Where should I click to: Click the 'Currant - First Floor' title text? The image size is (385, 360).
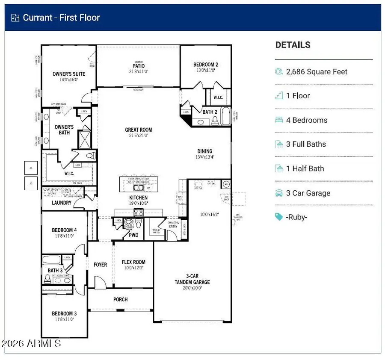[61, 18]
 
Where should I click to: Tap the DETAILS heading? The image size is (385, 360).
[293, 45]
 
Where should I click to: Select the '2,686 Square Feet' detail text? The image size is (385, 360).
[317, 72]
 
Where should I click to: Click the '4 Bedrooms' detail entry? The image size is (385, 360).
[306, 120]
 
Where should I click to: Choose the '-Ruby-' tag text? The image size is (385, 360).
[296, 217]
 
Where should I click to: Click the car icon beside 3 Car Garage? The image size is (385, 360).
[279, 193]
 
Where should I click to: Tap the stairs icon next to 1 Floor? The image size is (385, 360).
[279, 96]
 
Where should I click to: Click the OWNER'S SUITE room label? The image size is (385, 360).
[69, 74]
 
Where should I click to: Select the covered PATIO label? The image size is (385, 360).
[138, 66]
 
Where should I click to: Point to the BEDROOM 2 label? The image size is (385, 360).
[206, 65]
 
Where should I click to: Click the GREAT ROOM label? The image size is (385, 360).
[138, 130]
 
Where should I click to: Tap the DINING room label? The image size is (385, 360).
[204, 151]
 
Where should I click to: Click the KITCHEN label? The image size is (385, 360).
[138, 198]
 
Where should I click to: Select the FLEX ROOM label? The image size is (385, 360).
[133, 262]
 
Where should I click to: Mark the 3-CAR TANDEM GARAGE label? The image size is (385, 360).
[192, 279]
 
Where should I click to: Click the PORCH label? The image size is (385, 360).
[120, 299]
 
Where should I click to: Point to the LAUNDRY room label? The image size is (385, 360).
[62, 203]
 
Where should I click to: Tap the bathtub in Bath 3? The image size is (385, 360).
[52, 260]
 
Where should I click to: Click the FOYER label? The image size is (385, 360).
[100, 265]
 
